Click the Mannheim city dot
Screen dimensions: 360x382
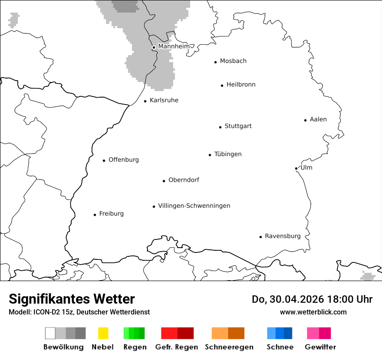click(x=154, y=47)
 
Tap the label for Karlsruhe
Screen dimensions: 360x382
click(x=164, y=100)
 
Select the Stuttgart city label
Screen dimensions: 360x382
click(x=238, y=126)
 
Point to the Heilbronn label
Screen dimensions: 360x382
click(x=241, y=85)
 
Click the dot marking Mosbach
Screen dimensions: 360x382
click(x=215, y=62)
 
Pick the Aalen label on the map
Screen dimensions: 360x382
click(x=318, y=119)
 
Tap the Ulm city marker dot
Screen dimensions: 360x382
click(x=296, y=168)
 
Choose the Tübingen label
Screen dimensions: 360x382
click(x=228, y=154)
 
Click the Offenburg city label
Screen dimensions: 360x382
click(x=124, y=160)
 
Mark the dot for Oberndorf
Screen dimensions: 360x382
click(x=164, y=181)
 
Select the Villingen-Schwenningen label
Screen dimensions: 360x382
click(x=194, y=206)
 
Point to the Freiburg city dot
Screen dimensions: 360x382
click(x=95, y=215)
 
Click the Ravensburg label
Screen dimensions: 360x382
click(x=283, y=236)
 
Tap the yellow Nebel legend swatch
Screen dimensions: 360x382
click(x=103, y=333)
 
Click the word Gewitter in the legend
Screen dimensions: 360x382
click(x=320, y=347)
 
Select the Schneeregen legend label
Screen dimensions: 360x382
click(x=228, y=347)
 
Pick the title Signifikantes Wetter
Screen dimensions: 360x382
click(x=72, y=299)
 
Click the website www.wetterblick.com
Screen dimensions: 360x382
click(x=313, y=312)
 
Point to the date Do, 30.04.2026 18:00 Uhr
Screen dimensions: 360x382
click(x=312, y=299)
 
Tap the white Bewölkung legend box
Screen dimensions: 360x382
click(x=50, y=333)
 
